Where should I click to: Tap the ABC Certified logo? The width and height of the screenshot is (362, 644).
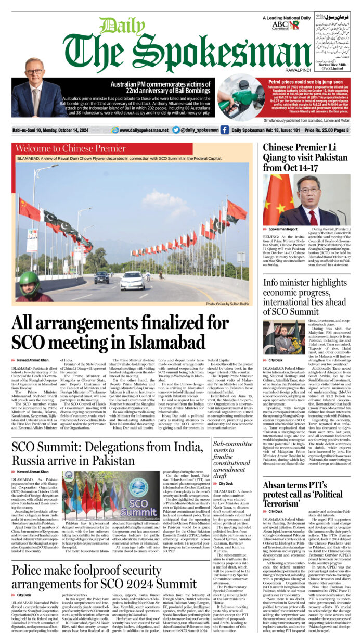coord(279,25)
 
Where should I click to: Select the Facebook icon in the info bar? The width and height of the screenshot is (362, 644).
coord(224,130)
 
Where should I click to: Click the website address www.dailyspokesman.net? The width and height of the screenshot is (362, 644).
coord(144,130)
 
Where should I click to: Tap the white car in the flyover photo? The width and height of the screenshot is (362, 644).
coord(132,281)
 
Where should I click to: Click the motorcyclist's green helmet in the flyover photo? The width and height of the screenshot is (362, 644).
coord(30,279)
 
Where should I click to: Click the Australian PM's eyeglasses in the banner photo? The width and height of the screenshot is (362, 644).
coord(35,73)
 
